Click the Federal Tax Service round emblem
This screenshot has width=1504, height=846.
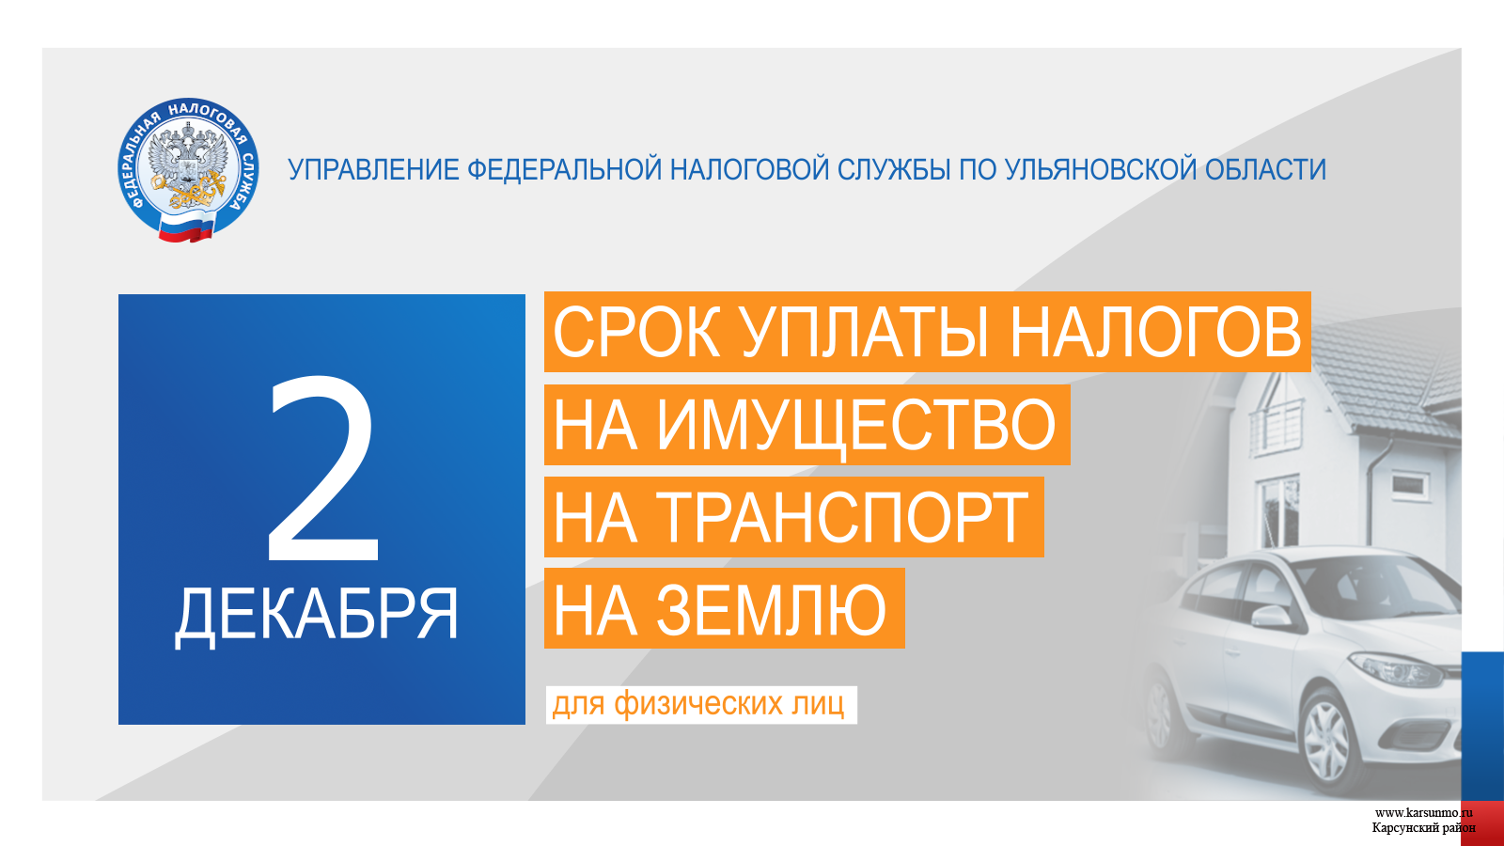188,170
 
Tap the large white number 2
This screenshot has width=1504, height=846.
323,469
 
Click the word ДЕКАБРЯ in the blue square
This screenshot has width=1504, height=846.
316,617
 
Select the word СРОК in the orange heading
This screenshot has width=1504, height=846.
637,333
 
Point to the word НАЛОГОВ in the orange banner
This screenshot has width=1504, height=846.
1155,333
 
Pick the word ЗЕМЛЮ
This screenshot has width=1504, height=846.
771,610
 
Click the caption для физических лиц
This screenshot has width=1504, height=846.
698,704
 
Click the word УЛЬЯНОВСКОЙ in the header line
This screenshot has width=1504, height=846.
1101,170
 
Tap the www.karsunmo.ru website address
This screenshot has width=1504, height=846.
1423,813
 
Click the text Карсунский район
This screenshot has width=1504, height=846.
1423,828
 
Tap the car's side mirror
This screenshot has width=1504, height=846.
1269,616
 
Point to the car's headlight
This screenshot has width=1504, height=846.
1397,668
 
